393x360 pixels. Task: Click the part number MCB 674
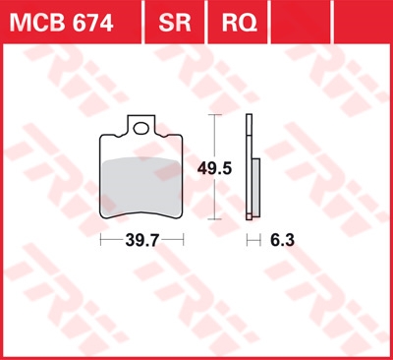click(x=62, y=23)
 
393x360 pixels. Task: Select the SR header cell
click(x=175, y=23)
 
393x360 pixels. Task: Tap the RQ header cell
click(x=239, y=23)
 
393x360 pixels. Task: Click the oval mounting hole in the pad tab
click(x=140, y=128)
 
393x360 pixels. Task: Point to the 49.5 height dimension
click(x=214, y=169)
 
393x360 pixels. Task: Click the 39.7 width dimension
click(x=142, y=241)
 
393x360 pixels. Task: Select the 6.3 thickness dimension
click(x=282, y=240)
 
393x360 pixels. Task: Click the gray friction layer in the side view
click(x=256, y=188)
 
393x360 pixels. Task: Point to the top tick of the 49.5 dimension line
click(x=214, y=115)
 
